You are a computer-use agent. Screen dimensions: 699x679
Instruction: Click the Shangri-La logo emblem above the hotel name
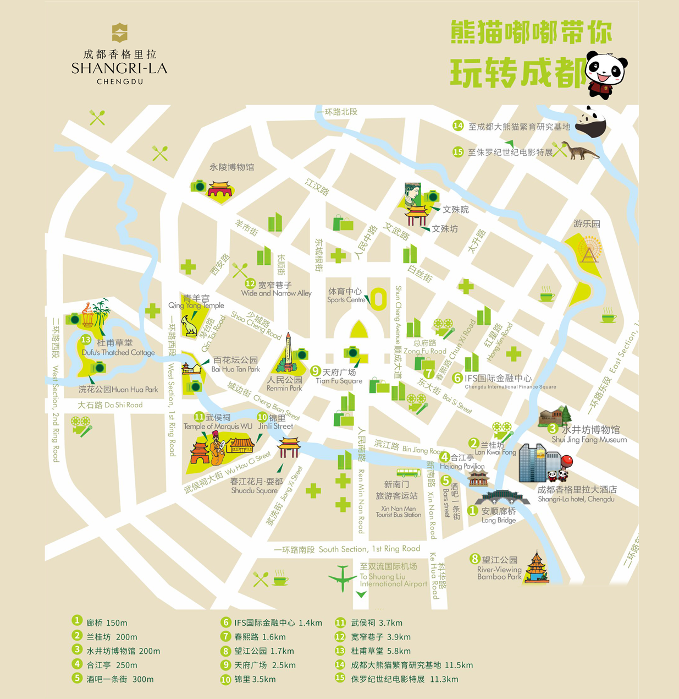click(x=119, y=33)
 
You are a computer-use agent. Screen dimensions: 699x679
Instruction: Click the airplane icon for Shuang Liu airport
click(x=343, y=578)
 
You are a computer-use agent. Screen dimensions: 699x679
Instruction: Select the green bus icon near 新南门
click(x=408, y=473)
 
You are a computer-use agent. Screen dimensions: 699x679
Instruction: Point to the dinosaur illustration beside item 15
click(x=579, y=150)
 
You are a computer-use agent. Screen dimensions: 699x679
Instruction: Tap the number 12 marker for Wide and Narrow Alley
click(x=250, y=284)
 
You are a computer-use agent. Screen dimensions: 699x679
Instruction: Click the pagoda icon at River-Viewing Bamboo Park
click(x=536, y=566)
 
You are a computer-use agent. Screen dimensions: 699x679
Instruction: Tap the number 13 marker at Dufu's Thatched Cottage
click(x=86, y=340)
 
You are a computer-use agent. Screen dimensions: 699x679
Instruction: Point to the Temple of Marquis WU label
click(x=218, y=427)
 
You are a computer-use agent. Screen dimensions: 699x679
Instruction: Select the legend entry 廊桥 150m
click(x=106, y=623)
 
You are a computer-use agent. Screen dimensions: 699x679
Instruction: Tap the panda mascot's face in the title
click(x=606, y=70)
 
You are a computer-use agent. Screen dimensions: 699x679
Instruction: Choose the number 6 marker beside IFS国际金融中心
click(x=457, y=378)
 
